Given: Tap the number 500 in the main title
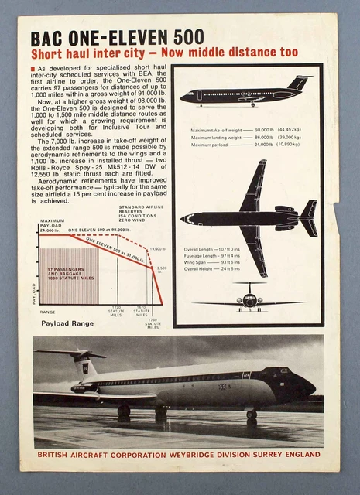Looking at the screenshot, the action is coord(189,38).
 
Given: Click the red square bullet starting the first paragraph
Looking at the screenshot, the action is coord(32,69).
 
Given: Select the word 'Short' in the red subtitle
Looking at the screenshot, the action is coord(46,54).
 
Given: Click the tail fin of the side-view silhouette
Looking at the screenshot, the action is coord(298,83).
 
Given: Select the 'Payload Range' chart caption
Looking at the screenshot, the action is coord(67,322).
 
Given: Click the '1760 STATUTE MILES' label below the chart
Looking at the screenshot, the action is coord(153,323).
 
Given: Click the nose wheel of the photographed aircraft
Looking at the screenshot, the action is coord(251,415).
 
